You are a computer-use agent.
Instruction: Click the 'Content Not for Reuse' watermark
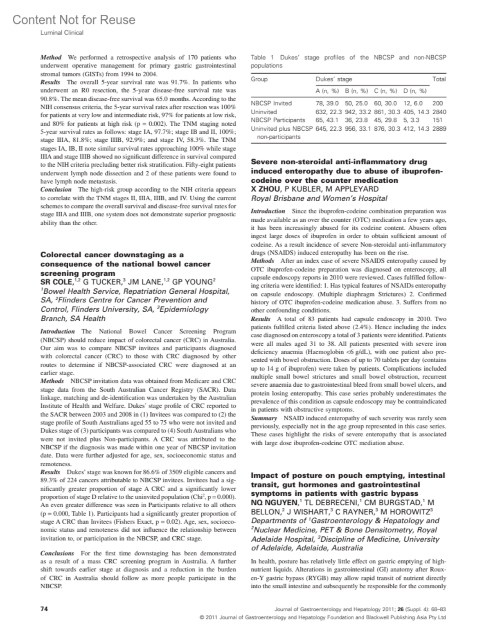pos(74,20)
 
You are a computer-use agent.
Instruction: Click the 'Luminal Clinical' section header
pos(61,32)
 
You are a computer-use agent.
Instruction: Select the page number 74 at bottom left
pos(44,609)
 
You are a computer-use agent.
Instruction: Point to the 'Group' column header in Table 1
pos(259,79)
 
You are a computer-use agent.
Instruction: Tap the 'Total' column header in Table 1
pos(439,79)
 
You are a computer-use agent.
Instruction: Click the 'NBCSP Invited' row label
pos(271,103)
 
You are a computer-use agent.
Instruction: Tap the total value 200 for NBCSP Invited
pos(437,103)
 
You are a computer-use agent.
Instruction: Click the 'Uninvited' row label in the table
pos(264,112)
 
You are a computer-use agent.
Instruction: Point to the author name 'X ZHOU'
pos(266,189)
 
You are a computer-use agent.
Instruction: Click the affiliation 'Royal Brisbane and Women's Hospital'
pos(319,198)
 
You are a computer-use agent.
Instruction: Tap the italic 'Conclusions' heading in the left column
pos(57,553)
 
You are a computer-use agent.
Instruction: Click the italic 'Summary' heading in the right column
pos(264,418)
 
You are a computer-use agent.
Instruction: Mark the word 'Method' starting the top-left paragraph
pos(51,57)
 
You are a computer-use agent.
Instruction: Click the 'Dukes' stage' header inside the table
pos(333,79)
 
